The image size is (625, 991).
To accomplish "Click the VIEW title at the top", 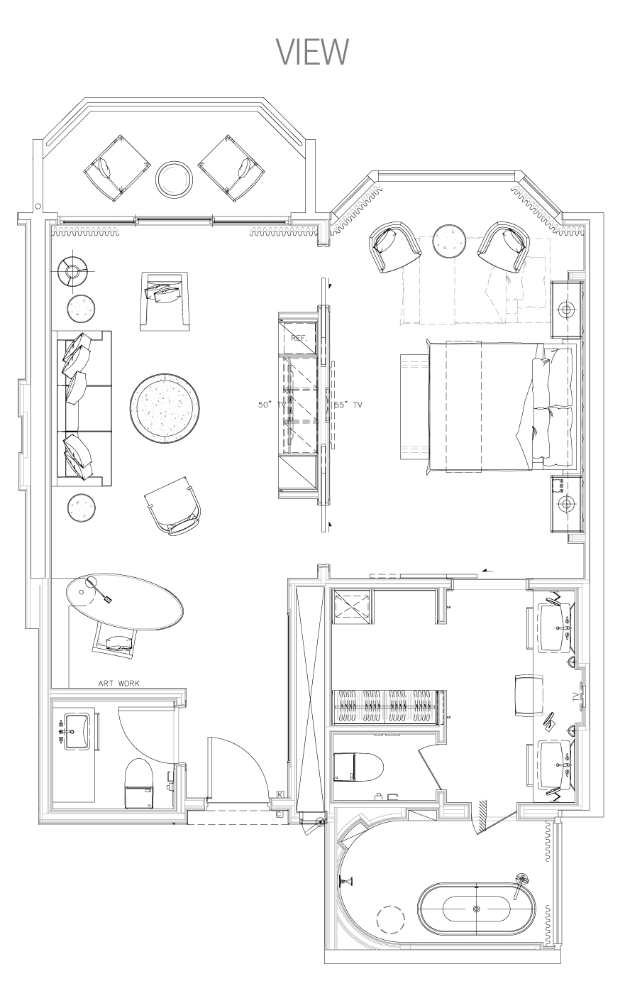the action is tap(312, 52).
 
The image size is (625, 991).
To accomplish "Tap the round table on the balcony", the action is tap(174, 179).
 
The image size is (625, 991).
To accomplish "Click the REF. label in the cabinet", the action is tap(299, 338).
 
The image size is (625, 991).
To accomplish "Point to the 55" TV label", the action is tap(348, 405).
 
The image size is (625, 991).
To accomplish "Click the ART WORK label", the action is tap(119, 683).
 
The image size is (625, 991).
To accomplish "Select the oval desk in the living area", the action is tap(125, 602).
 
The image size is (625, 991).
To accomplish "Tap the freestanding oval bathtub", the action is tap(477, 909).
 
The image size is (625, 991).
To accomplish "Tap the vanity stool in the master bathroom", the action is tap(529, 701).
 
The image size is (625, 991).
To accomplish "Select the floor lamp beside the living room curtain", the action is tap(73, 271).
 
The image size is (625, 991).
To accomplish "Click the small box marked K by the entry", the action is tap(280, 794).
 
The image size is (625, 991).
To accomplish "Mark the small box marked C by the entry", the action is tap(280, 814).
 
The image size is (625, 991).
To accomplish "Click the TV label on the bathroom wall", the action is tap(575, 708).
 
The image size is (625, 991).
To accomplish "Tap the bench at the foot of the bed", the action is tap(414, 406).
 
